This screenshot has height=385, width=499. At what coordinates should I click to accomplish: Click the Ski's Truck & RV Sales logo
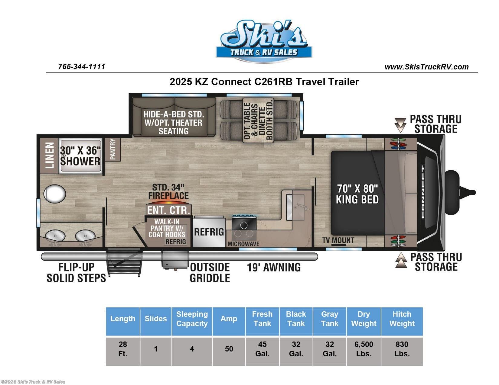pos(264,41)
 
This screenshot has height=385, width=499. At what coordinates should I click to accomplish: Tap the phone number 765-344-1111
pos(82,66)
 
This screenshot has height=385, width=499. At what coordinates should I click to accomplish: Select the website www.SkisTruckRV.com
pos(426,67)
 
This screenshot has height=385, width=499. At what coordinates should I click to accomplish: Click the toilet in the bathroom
pos(55,194)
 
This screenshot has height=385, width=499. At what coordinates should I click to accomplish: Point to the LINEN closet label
pos(49,155)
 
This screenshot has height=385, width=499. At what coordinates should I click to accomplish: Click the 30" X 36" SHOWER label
pos(80,156)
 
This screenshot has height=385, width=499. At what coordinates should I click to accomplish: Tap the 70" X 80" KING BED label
pos(357,194)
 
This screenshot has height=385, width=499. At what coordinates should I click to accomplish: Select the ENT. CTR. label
pos(168,210)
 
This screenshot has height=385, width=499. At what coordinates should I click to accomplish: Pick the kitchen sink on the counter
pos(295,207)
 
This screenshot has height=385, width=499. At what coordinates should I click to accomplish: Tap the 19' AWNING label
pos(274,267)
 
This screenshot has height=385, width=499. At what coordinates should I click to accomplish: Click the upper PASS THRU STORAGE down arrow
pos(400,125)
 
